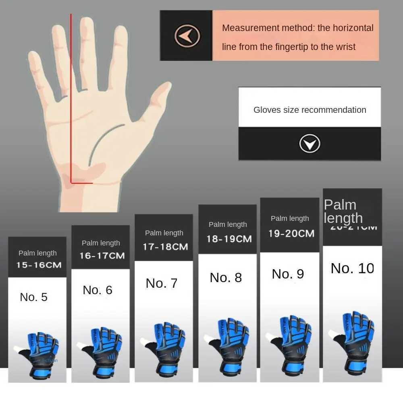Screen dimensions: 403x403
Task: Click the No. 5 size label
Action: (34, 297)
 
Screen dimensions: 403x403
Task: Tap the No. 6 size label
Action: (98, 290)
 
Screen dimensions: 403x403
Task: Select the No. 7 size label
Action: (162, 283)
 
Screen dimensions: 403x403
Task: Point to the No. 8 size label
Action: (226, 278)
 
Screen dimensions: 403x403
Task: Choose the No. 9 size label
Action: (288, 274)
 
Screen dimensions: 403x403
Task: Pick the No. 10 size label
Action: (352, 268)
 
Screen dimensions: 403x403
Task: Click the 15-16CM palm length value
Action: (39, 265)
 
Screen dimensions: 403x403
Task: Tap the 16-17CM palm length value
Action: (102, 256)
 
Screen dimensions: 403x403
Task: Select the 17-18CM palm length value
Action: (165, 246)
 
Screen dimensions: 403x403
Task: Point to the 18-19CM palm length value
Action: (229, 239)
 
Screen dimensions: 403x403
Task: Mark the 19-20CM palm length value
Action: (291, 233)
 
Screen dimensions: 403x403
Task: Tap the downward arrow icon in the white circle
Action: (310, 143)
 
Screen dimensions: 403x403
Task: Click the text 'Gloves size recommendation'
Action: (310, 110)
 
